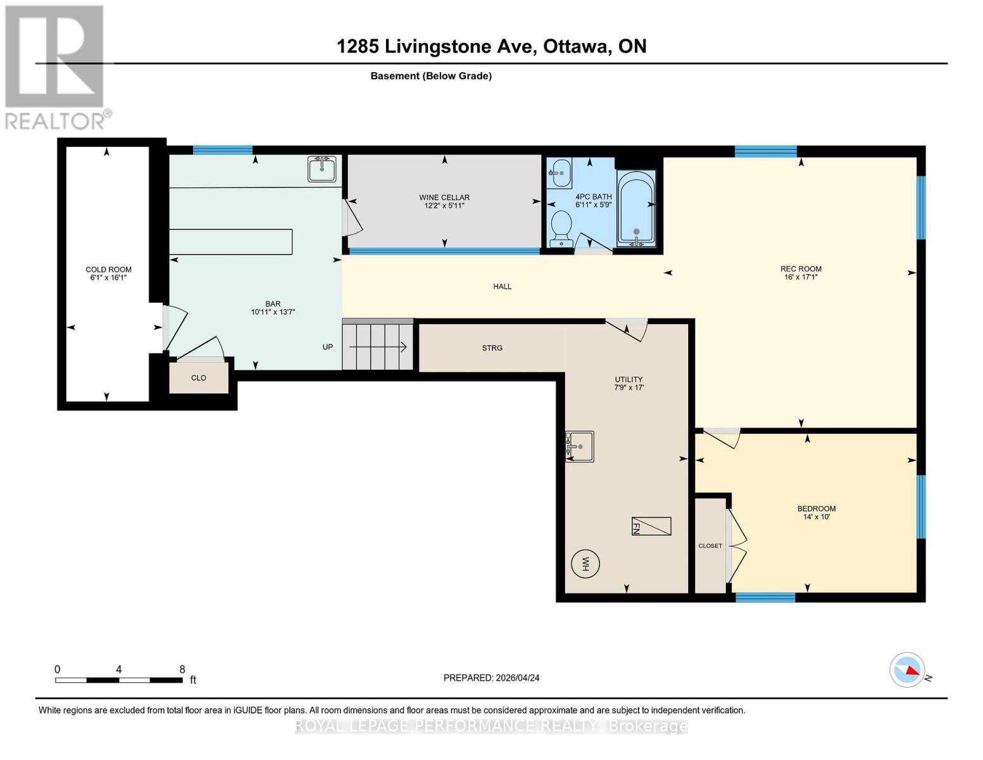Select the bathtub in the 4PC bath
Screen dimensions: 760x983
636,209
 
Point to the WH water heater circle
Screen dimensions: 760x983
585,563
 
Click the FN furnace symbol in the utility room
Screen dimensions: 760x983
651,526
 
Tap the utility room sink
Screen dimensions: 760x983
579,446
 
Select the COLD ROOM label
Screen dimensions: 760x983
108,269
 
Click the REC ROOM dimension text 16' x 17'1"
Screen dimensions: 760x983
800,277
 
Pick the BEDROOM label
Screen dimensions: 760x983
816,508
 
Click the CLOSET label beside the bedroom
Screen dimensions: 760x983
710,546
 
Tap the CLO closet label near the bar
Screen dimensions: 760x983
198,377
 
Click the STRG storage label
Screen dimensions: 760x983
492,348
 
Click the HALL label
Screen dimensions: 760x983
502,286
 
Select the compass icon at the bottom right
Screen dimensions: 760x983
907,669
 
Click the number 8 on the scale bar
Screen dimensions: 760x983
182,669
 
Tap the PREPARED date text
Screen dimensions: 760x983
491,678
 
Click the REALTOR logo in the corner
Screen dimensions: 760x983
56,66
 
